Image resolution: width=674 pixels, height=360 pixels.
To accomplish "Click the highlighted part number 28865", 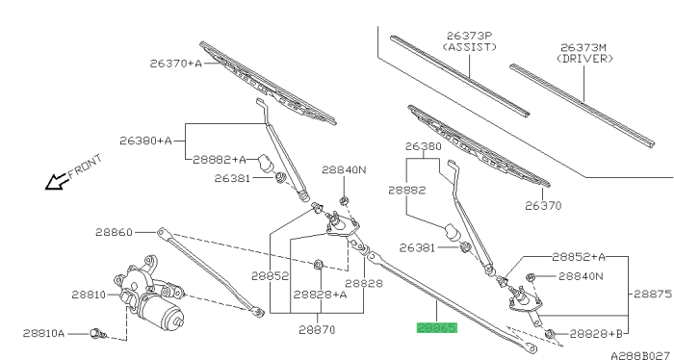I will click(x=436, y=328).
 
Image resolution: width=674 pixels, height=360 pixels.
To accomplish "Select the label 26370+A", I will click(x=176, y=64).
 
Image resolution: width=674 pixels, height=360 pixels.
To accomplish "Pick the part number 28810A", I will click(x=44, y=333).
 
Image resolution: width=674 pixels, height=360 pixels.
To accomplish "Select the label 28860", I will click(x=115, y=232).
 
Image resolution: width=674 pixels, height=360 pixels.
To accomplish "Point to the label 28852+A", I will click(x=579, y=257).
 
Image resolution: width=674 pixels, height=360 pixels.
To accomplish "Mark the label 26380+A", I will click(x=145, y=141).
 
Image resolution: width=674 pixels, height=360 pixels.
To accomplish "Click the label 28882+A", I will click(x=220, y=159).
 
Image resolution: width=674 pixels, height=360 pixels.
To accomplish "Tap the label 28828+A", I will click(x=319, y=295).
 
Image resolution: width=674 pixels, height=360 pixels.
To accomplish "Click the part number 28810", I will click(x=88, y=295).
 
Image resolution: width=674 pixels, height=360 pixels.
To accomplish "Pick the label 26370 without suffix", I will click(x=542, y=205).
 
